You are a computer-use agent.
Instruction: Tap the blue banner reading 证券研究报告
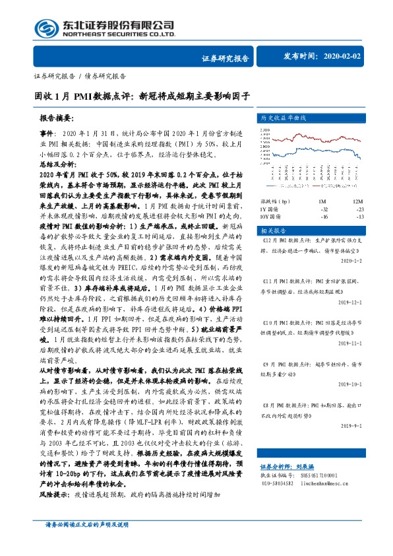224,59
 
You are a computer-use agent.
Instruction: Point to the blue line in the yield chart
297,152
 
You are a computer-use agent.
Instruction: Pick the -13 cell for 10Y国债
359,216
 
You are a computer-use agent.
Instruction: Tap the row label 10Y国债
271,216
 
